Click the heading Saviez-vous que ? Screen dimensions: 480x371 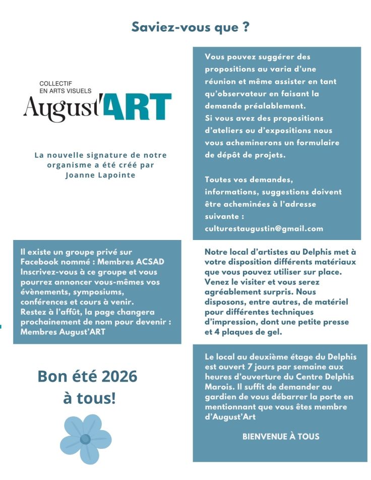click(x=190, y=27)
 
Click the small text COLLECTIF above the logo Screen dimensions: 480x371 click(x=56, y=83)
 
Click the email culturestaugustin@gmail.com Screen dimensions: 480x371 click(x=264, y=228)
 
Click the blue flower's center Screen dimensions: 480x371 click(x=85, y=439)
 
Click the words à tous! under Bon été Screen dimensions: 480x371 click(x=89, y=398)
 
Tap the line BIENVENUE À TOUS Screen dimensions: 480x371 click(x=281, y=436)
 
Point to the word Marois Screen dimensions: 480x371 click(x=216, y=387)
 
